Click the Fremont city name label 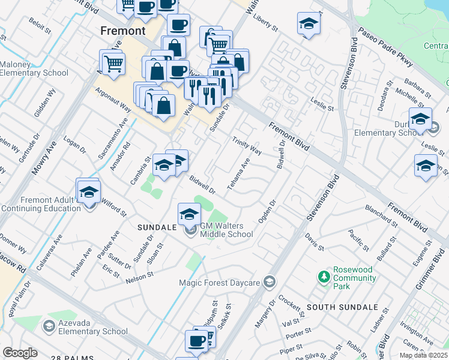click(123, 30)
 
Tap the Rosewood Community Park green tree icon click(324, 277)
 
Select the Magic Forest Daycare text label click(220, 282)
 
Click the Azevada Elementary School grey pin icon click(49, 325)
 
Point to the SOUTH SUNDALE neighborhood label click(342, 307)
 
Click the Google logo click(20, 353)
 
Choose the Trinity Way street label click(247, 145)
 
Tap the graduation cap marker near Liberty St click(309, 24)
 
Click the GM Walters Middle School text click(226, 230)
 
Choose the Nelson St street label click(140, 277)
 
